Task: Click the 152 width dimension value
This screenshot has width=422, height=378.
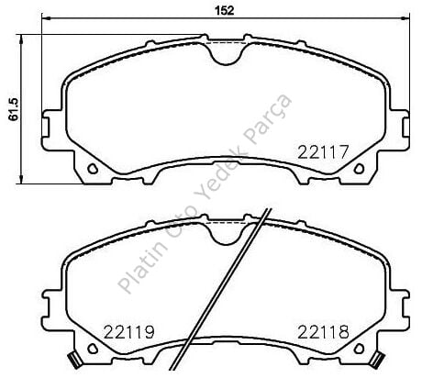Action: (225, 10)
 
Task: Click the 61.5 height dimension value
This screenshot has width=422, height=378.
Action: (14, 109)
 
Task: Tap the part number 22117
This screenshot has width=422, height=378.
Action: (323, 152)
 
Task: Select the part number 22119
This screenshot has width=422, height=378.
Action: (128, 332)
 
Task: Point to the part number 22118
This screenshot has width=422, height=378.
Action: (323, 332)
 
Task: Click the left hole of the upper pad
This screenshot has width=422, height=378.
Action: (93, 169)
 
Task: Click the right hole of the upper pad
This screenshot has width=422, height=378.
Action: (359, 169)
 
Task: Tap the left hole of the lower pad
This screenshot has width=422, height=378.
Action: (93, 349)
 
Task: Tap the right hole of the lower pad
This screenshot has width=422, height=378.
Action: (359, 349)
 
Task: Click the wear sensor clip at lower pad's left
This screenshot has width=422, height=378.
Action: (73, 360)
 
